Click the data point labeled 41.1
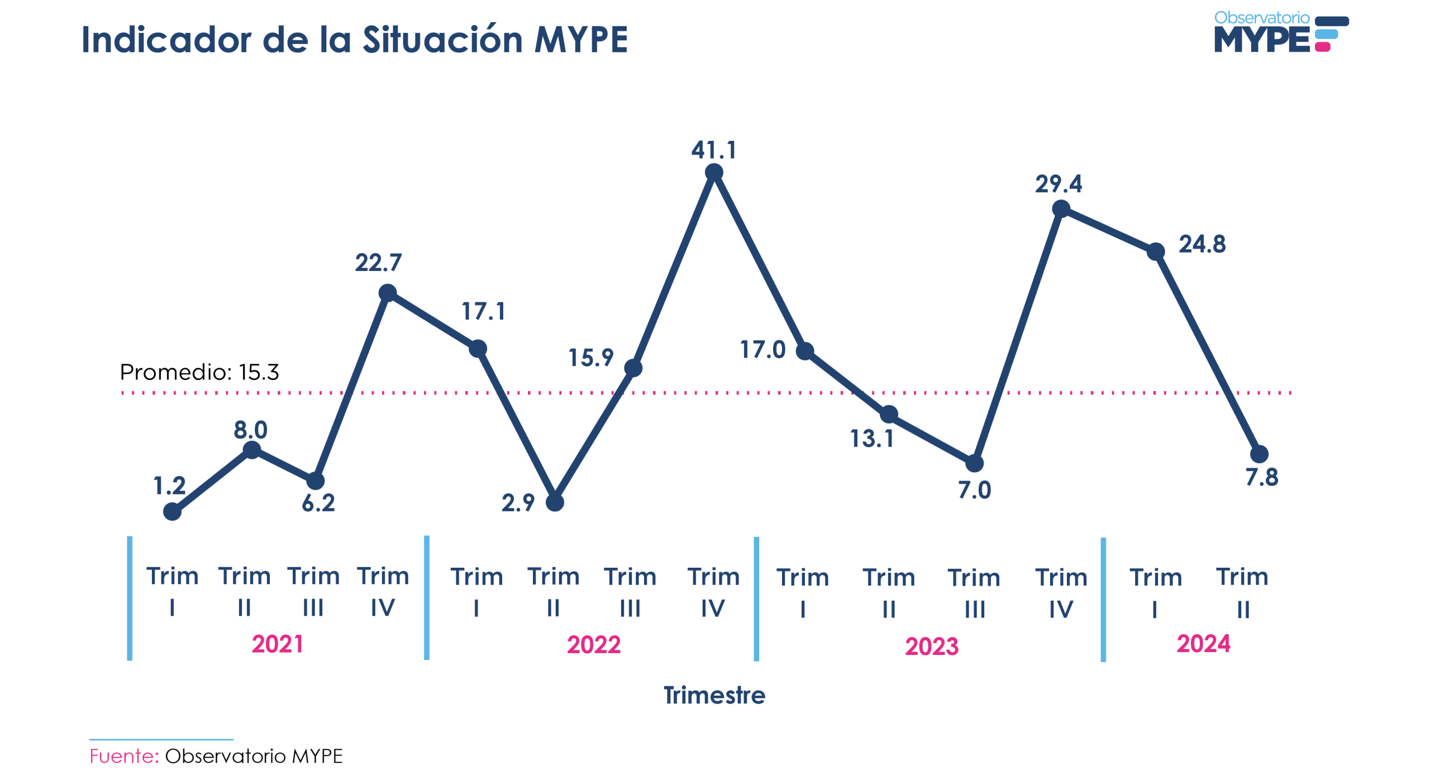(x=714, y=173)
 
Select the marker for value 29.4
(x=1061, y=209)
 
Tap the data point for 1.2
(x=172, y=511)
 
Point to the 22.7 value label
(x=378, y=263)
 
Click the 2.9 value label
(x=518, y=503)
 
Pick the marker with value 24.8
(x=1156, y=251)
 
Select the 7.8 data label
(x=1262, y=477)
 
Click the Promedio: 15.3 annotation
(x=199, y=372)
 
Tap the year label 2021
(x=277, y=644)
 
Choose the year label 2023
(x=932, y=646)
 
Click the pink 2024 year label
(x=1203, y=644)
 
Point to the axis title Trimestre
(x=714, y=695)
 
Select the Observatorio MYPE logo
(x=1280, y=32)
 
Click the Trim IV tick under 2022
(x=713, y=592)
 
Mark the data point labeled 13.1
(x=889, y=415)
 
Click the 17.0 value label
(x=762, y=350)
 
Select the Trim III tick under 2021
(x=313, y=591)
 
